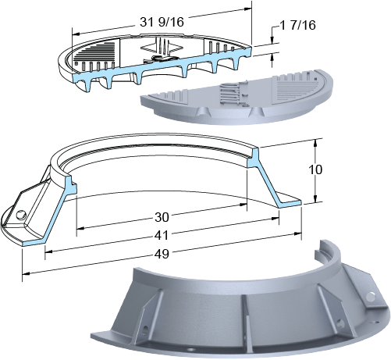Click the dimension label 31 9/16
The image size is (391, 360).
(162, 22)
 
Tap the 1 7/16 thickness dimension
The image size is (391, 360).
(297, 25)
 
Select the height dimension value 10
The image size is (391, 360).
(315, 169)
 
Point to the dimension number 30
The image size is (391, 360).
(162, 217)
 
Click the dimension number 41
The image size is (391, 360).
(162, 236)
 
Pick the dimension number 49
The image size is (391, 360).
(162, 254)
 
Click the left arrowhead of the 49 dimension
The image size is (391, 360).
(26, 273)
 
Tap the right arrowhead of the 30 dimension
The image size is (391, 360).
(243, 205)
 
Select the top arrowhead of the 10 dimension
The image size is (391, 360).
(315, 143)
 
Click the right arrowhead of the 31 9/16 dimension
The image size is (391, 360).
(248, 9)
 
